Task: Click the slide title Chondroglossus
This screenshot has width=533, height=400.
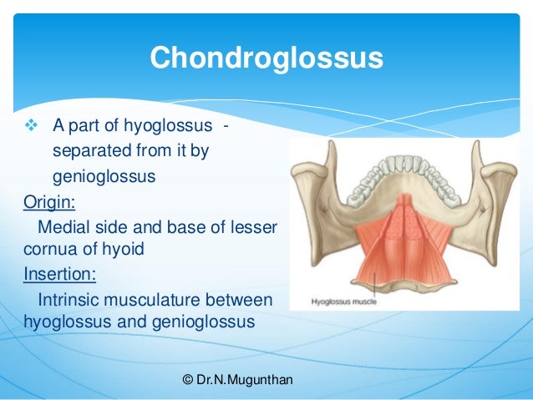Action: tap(266, 58)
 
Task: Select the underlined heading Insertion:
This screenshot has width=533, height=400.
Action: tap(52, 273)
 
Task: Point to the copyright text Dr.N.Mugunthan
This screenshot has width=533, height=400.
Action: tap(237, 380)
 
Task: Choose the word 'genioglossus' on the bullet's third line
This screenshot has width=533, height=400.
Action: tap(104, 177)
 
